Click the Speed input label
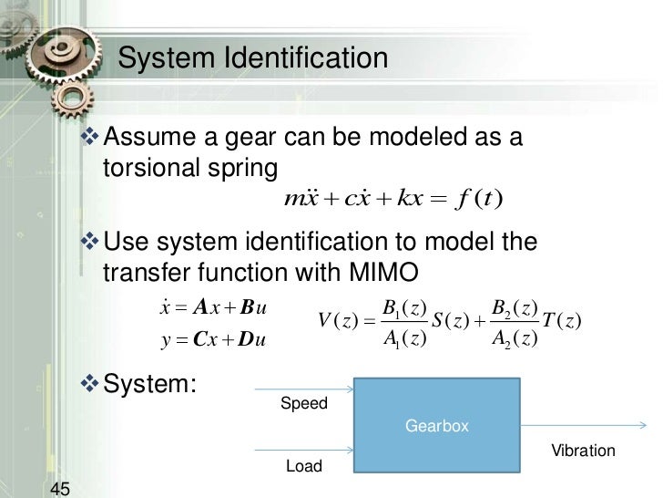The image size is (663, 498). [x=303, y=403]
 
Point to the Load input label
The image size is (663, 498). [x=304, y=466]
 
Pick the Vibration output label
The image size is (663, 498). [x=584, y=451]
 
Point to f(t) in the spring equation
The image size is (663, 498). [x=483, y=198]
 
